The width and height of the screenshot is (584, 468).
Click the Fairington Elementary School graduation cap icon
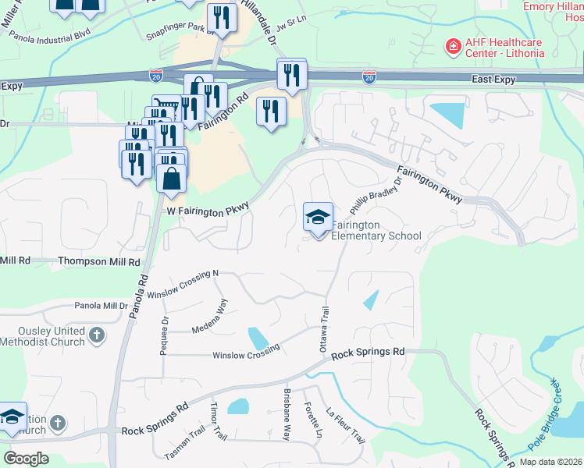[318, 218]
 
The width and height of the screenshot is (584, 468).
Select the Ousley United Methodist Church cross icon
[96, 335]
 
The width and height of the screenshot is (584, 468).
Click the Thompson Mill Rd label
[99, 262]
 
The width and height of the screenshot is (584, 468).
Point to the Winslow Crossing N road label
[183, 285]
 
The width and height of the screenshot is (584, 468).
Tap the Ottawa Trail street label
[323, 329]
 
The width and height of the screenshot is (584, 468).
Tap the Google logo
[27, 458]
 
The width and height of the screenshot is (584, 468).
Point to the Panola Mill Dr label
[99, 306]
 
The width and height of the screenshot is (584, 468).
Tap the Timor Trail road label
[218, 422]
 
